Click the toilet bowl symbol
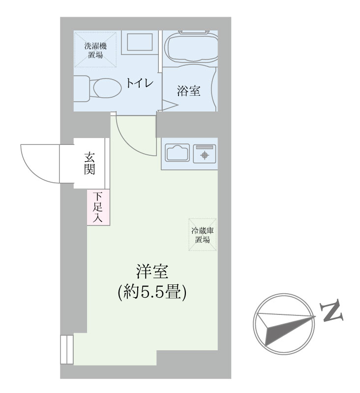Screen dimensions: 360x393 coord(105,88)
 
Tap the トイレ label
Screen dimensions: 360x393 coord(140,83)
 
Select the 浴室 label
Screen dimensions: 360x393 coord(189,91)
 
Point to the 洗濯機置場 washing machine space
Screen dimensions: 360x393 coord(95,50)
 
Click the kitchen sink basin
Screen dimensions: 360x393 coord(177,153)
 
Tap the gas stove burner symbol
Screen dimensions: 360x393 coord(205,155)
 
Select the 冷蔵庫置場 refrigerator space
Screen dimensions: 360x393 coord(203,235)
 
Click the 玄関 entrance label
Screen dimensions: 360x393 coord(90,163)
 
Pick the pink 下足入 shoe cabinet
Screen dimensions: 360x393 coord(98,207)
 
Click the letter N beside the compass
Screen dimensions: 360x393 coord(331,310)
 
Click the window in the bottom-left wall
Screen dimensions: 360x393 coord(67,349)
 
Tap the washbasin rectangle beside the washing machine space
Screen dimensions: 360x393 coord(140,42)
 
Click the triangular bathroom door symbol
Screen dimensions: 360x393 coord(169,105)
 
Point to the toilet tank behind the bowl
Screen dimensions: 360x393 coord(82,89)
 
